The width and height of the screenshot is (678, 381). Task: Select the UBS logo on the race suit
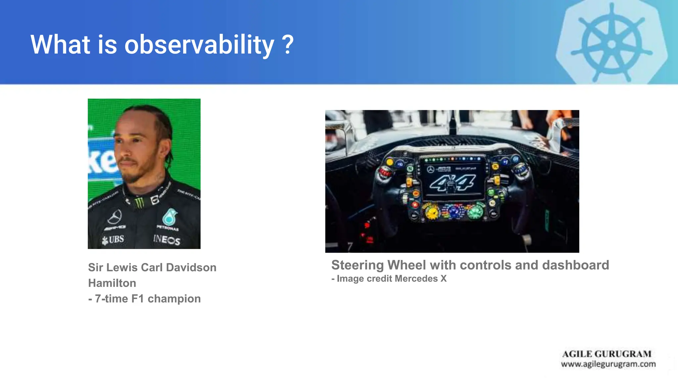pyautogui.click(x=113, y=239)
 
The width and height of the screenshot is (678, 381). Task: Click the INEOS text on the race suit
pyautogui.click(x=167, y=239)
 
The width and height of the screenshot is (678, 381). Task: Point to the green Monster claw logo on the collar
pyautogui.click(x=139, y=202)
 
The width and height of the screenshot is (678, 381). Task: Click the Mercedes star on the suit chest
pyautogui.click(x=115, y=217)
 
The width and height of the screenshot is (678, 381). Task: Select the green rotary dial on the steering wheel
pyautogui.click(x=475, y=212)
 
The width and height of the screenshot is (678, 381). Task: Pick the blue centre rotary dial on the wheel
pyautogui.click(x=454, y=211)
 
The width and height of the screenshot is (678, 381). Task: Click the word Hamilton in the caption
pyautogui.click(x=112, y=283)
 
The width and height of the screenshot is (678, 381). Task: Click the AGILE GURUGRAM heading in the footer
pyautogui.click(x=607, y=354)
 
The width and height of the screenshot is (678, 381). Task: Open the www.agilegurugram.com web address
pyautogui.click(x=608, y=364)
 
